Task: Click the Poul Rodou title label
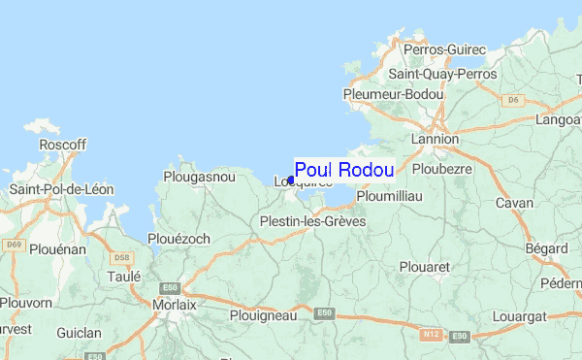[344, 170]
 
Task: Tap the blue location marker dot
[291, 180]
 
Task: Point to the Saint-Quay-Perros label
[441, 73]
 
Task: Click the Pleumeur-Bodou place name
[393, 94]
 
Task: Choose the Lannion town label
[435, 139]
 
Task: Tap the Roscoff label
[62, 145]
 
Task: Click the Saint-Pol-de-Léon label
[61, 188]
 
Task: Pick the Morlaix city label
[175, 305]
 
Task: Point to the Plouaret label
[424, 265]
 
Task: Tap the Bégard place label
[547, 249]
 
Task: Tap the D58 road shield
[121, 258]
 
